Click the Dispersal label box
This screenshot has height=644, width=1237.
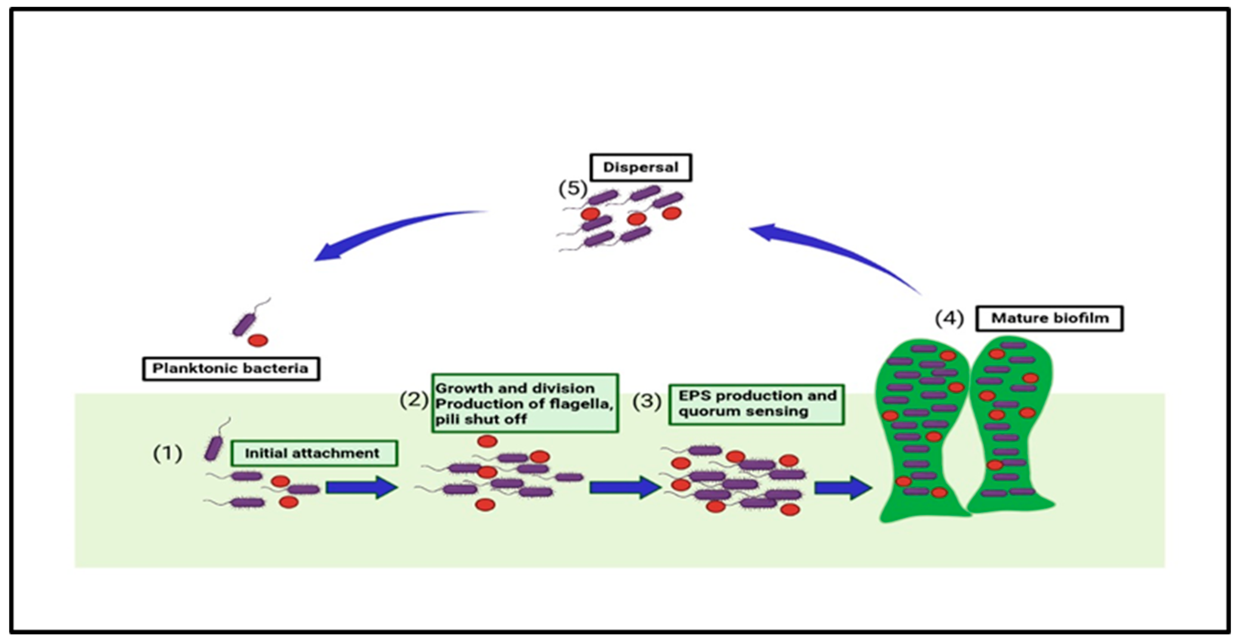pos(641,168)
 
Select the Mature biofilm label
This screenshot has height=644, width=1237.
pos(1049,318)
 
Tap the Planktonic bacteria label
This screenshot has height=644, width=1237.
pos(231,369)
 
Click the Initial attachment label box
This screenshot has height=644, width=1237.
pos(314,453)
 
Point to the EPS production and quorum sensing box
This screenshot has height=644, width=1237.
pos(756,404)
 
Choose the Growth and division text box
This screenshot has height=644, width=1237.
pos(525,403)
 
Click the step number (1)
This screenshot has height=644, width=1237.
pos(168,453)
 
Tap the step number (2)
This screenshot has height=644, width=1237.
pos(414,400)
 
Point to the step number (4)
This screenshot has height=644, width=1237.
pos(949,318)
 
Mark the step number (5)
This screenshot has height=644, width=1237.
pos(573,189)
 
